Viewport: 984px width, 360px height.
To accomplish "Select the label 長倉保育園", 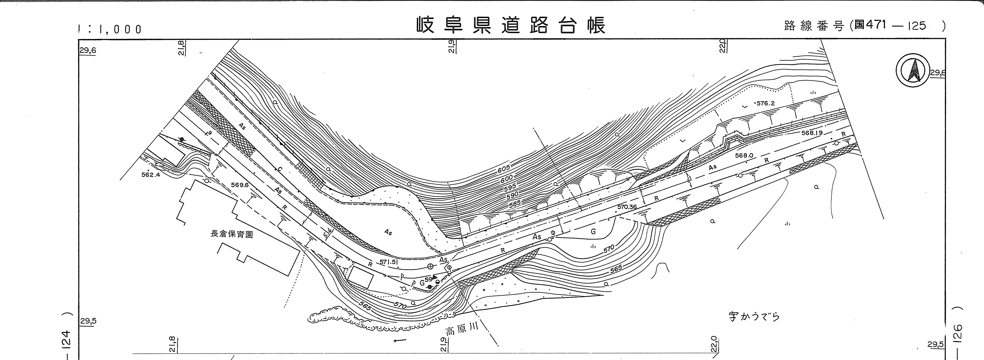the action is pyautogui.click(x=232, y=234).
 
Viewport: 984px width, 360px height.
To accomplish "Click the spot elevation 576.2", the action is pyautogui.click(x=765, y=103).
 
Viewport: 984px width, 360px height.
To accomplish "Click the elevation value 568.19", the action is pyautogui.click(x=812, y=133).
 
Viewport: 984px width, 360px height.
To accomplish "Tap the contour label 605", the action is pyautogui.click(x=504, y=169).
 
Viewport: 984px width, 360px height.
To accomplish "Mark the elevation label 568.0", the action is pyautogui.click(x=744, y=155).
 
